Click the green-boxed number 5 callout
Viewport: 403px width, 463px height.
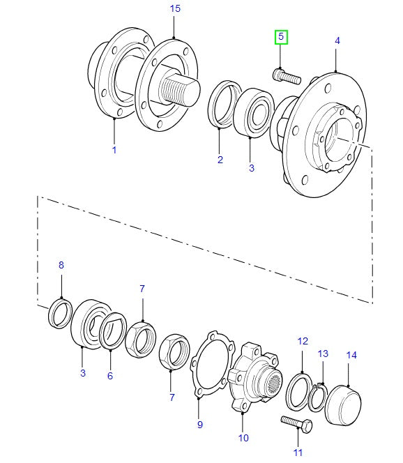[281, 36]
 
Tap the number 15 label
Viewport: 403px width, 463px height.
[175, 8]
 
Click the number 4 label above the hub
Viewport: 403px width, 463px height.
[337, 41]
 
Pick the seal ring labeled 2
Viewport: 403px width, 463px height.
[222, 105]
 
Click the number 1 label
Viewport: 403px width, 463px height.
[114, 150]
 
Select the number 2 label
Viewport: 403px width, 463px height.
[220, 160]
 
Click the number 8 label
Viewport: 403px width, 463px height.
[61, 265]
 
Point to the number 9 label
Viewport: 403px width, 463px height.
[199, 424]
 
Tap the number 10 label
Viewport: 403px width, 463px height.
[243, 438]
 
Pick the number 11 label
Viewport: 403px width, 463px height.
[298, 453]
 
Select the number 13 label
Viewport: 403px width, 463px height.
[322, 354]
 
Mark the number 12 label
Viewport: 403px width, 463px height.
[302, 341]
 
